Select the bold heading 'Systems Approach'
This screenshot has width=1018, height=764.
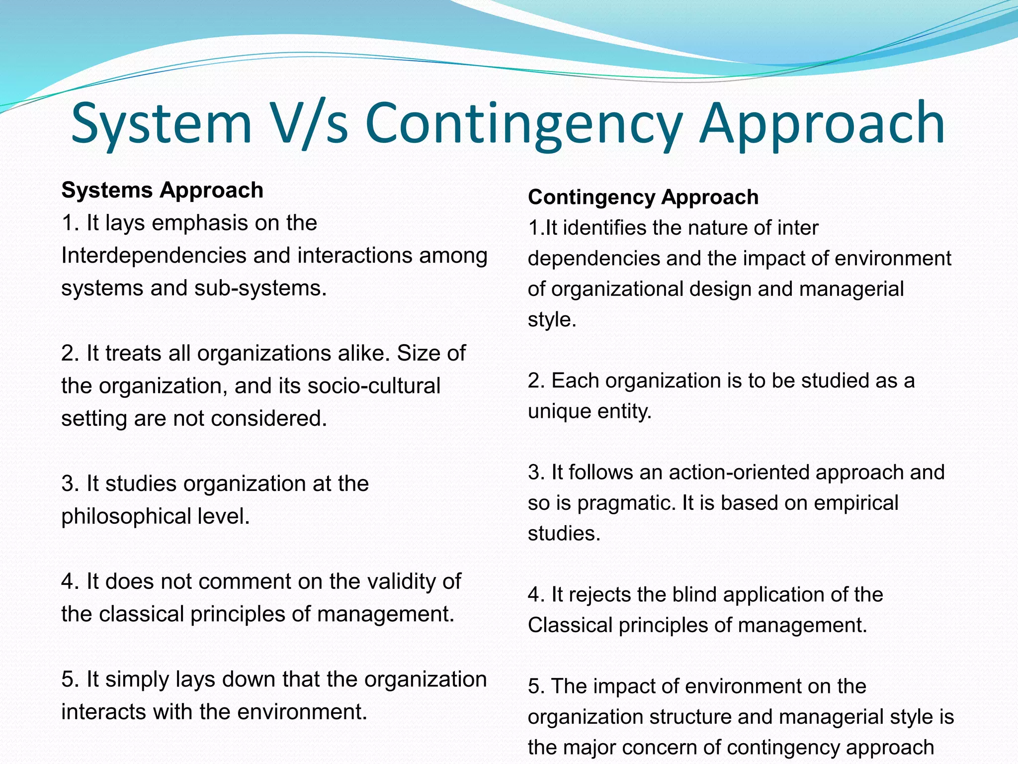[162, 190]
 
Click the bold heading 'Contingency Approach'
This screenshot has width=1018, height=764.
[643, 197]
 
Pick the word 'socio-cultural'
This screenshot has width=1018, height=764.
[374, 386]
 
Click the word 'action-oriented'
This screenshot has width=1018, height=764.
[740, 472]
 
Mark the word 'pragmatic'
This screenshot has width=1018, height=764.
[626, 503]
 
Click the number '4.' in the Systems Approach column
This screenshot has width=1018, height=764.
[71, 581]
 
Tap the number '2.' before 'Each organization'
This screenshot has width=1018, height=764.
[536, 381]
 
